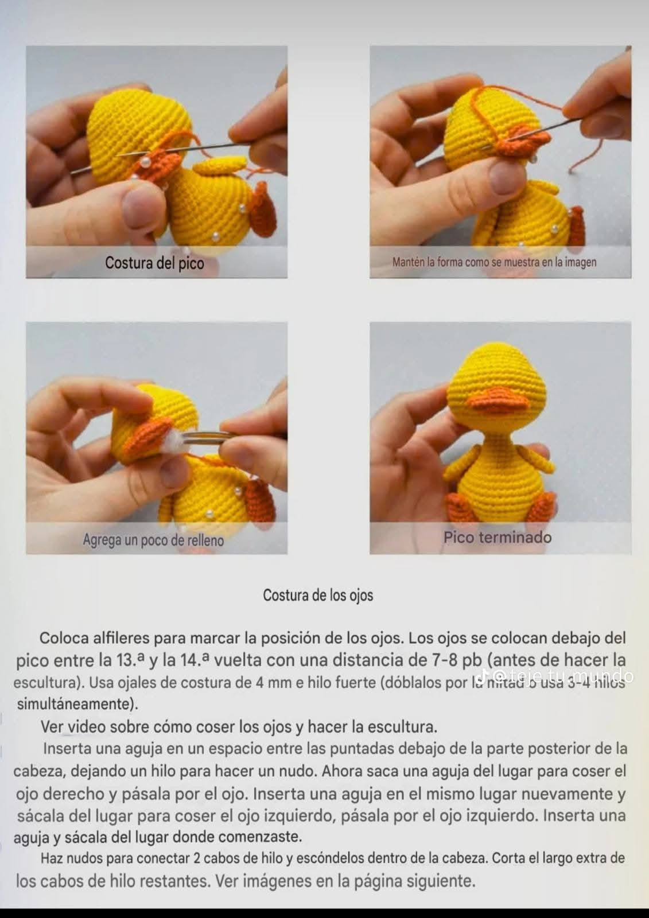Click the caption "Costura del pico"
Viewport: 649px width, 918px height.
[154, 263]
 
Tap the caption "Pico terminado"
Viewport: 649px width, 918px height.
[497, 538]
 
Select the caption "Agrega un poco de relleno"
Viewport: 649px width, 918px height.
[153, 540]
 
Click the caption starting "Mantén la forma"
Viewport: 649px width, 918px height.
[494, 262]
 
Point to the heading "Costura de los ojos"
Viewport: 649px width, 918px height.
[318, 596]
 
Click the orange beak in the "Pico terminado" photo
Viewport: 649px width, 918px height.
[497, 400]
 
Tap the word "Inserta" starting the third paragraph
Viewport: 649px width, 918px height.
[67, 749]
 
